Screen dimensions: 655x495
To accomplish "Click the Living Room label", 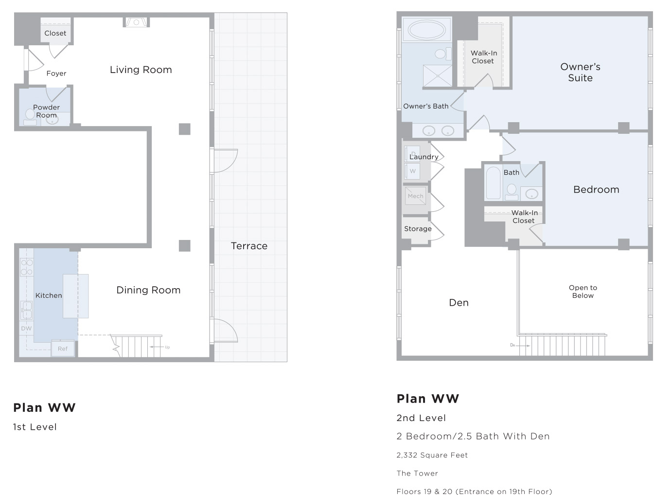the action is [x=141, y=70].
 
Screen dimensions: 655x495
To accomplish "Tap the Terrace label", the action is [x=249, y=246].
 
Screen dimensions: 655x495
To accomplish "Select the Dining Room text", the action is [x=148, y=290].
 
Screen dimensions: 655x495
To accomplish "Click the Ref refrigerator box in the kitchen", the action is [x=63, y=348].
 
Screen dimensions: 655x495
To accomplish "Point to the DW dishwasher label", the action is [x=26, y=329].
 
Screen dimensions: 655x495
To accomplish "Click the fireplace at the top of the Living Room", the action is [x=136, y=22].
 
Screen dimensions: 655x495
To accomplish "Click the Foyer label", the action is [x=56, y=73].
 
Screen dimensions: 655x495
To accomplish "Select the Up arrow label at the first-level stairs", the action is [x=167, y=347].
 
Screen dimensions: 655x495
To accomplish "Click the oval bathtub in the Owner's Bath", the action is [x=427, y=29].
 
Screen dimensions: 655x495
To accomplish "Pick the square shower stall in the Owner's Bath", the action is [x=438, y=76].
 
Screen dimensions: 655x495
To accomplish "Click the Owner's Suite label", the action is [x=580, y=72].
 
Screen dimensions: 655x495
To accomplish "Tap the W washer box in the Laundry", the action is [x=412, y=171].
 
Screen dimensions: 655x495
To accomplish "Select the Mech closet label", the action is [x=415, y=196].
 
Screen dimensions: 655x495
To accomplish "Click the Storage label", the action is [x=418, y=229].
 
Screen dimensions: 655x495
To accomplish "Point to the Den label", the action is [x=459, y=302].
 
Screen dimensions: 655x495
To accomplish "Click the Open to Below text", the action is [x=583, y=292].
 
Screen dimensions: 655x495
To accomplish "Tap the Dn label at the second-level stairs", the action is [x=513, y=345].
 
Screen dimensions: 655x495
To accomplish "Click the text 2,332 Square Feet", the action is [x=432, y=455].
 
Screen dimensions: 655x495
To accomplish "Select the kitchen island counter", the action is [x=75, y=296].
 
